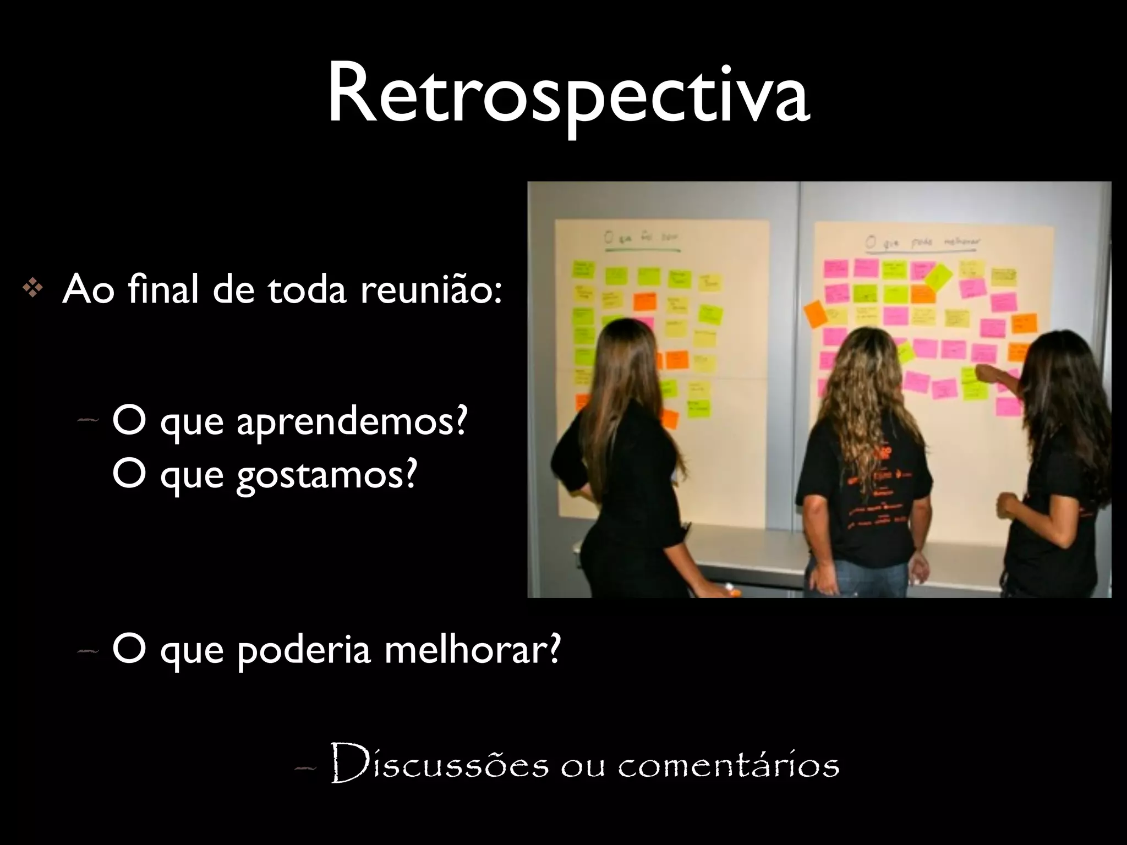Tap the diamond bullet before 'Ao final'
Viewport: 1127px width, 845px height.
pos(32,290)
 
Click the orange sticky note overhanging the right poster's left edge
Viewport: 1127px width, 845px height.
pos(816,314)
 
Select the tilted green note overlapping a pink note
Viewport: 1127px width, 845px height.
pos(938,276)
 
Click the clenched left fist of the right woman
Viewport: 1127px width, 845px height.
pos(1006,503)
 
